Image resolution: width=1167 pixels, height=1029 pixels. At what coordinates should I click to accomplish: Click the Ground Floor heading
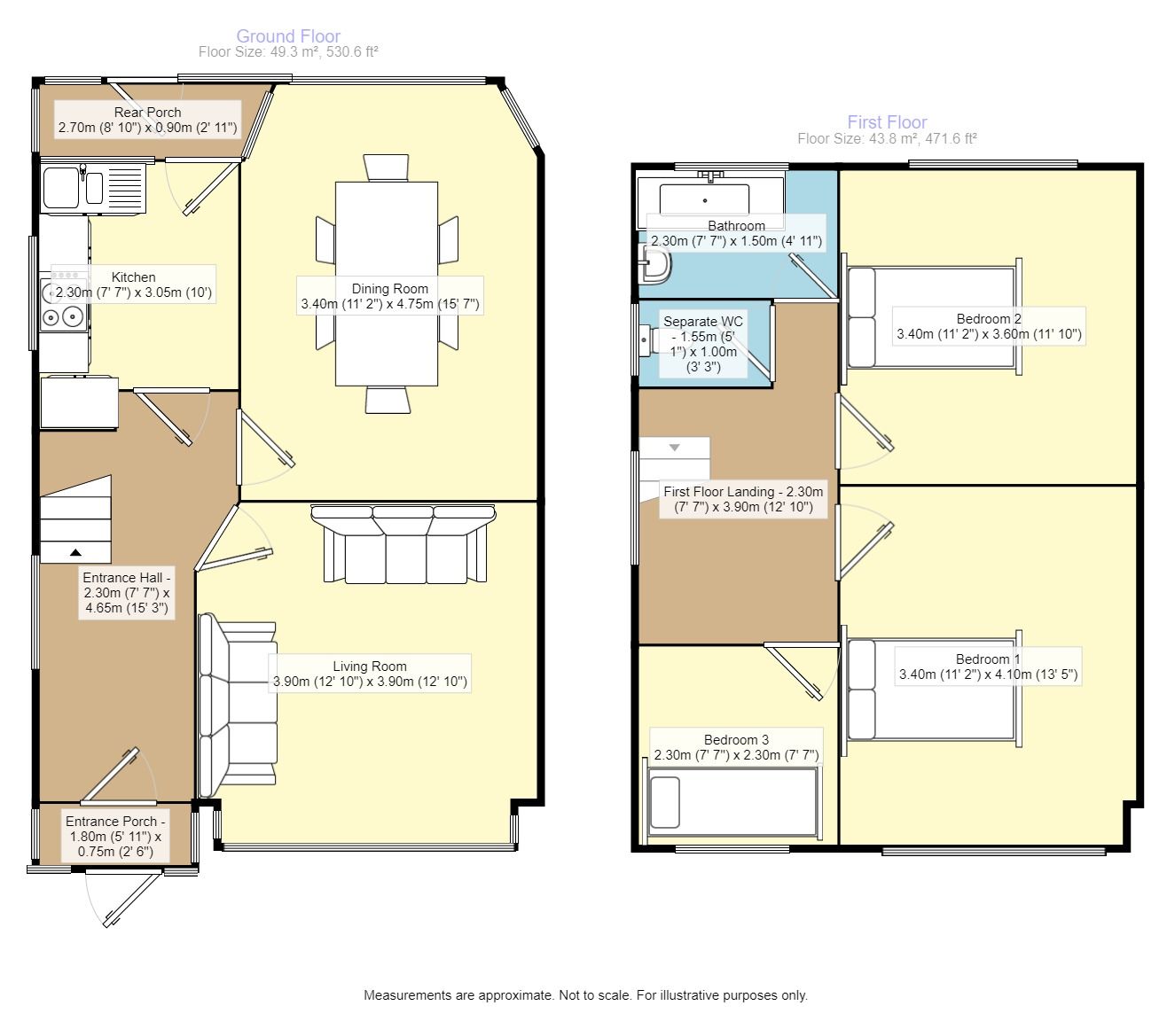(288, 35)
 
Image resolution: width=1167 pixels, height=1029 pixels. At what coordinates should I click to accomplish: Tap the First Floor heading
(887, 122)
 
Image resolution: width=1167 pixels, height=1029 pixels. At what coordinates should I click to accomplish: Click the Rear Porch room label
(147, 113)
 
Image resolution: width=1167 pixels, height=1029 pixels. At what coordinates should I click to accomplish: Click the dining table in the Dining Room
(387, 284)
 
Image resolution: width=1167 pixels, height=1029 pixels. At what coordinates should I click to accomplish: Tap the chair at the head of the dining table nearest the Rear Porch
(386, 168)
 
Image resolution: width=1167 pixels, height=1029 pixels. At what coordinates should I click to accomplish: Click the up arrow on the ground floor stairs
(75, 552)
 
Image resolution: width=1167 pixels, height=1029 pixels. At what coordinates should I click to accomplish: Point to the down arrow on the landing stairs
(675, 448)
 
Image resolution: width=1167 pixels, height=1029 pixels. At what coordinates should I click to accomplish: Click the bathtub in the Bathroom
(710, 199)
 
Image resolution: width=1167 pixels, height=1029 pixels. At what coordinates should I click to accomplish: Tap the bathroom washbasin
(654, 265)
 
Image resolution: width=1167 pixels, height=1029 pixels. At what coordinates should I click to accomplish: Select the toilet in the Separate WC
(649, 340)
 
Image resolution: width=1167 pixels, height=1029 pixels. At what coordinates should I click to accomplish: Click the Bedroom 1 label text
(988, 659)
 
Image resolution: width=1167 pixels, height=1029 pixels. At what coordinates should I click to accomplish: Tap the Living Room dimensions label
(370, 682)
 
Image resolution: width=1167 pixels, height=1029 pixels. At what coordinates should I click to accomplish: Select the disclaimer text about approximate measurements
(585, 995)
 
